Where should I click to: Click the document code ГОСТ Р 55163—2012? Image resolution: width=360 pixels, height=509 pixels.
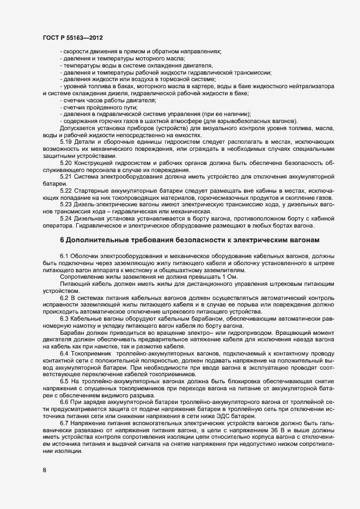72,38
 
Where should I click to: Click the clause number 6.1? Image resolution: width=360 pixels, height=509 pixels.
64,256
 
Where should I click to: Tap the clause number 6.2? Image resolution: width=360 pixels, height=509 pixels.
64,297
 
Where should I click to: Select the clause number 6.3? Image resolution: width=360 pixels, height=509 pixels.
64,318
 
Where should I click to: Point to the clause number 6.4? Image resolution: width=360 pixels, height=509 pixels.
64,353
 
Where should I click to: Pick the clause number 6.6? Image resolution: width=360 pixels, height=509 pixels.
64,401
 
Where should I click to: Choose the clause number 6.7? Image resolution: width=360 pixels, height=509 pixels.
64,422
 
